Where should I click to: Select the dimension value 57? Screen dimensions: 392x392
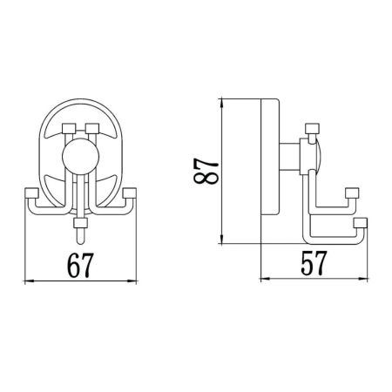pyautogui.click(x=313, y=263)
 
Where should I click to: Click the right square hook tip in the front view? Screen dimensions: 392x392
pyautogui.click(x=130, y=193)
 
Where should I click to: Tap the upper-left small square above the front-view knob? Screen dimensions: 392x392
pyautogui.click(x=69, y=132)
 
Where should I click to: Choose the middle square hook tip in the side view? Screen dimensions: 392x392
pyautogui.click(x=353, y=193)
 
